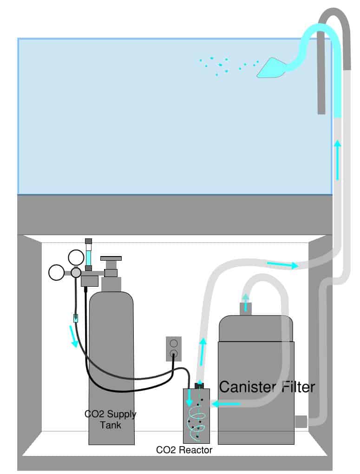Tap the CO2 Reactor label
184,450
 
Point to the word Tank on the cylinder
111,425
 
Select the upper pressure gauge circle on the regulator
76,257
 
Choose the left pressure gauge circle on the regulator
57,272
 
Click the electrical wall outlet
174,349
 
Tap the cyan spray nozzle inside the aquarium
271,67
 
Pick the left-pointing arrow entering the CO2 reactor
226,403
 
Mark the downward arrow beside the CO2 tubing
73,336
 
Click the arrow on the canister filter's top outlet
246,302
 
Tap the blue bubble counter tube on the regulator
88,255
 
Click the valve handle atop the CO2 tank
111,258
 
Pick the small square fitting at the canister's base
301,421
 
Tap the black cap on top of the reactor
199,386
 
